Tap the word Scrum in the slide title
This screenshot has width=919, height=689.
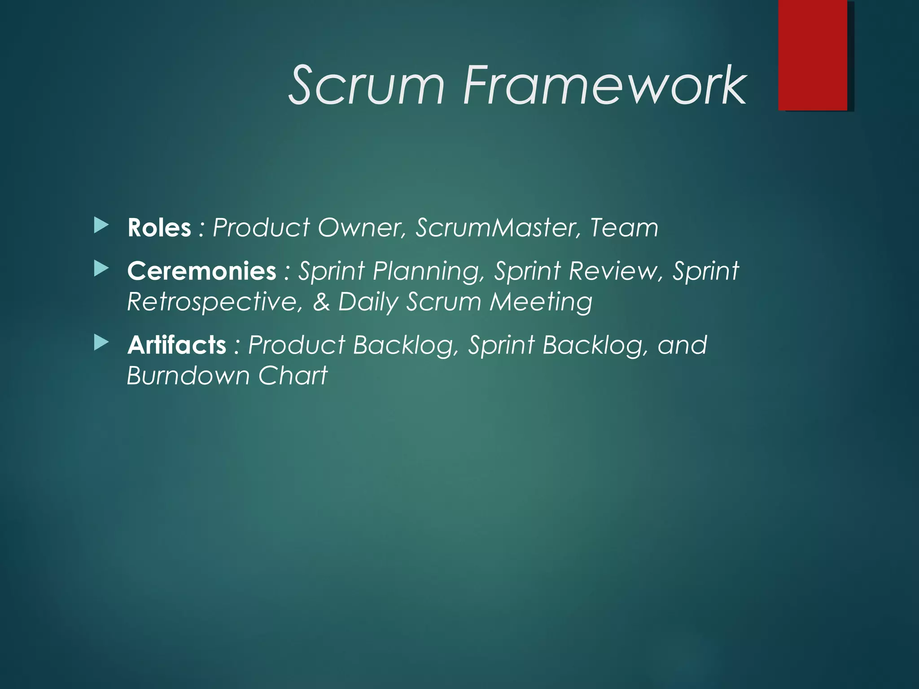point(366,85)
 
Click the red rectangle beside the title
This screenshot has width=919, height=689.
point(813,55)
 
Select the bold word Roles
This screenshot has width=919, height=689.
point(159,228)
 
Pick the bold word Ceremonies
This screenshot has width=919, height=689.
point(201,271)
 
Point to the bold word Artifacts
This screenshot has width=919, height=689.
point(177,345)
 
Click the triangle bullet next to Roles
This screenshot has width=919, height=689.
point(101,225)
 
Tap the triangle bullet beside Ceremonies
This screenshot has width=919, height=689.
point(101,269)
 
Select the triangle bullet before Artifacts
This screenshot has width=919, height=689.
point(101,343)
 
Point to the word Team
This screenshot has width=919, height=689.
point(624,228)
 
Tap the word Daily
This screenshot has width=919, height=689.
point(368,302)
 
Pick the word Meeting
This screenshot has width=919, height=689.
point(541,302)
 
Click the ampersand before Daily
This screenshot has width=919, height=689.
point(321,302)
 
